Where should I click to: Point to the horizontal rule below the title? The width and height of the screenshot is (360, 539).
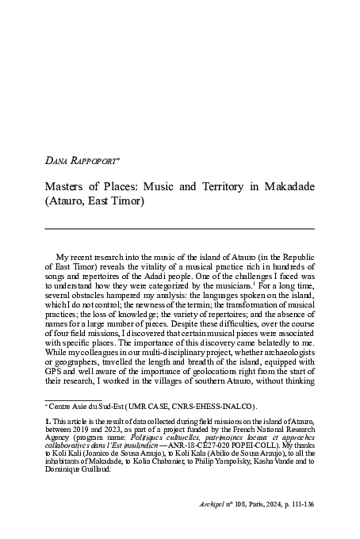coord(179,227)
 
